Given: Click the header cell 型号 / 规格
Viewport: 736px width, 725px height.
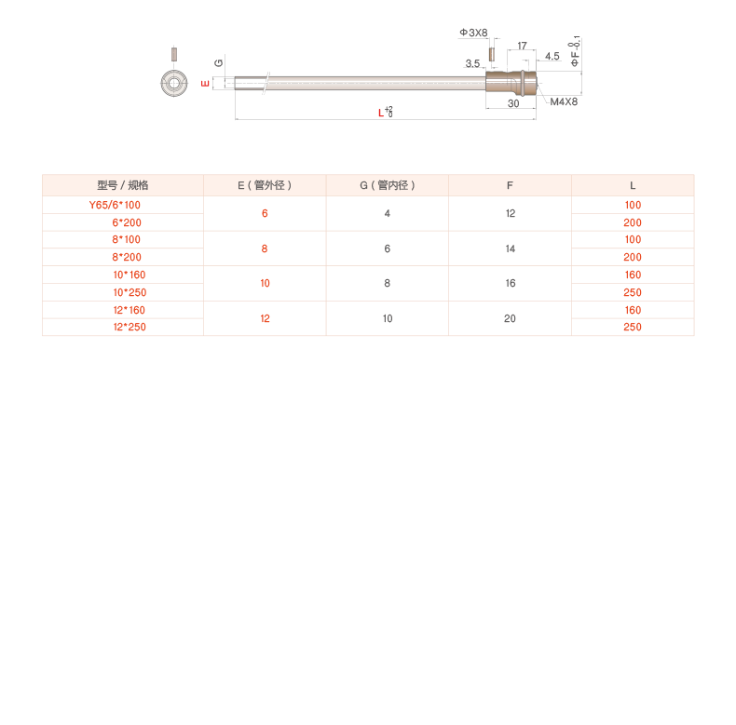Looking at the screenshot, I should [x=123, y=185].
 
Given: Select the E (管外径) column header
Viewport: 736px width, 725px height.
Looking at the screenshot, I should [x=265, y=185].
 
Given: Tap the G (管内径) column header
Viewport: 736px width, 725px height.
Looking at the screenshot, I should [x=388, y=185].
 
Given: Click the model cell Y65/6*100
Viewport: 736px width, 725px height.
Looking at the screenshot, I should [x=115, y=205].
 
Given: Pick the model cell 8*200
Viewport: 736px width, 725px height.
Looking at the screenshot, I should [x=127, y=257].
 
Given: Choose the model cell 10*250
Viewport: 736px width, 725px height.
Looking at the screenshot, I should [x=129, y=292].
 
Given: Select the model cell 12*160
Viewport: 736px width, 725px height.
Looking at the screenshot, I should [x=129, y=310].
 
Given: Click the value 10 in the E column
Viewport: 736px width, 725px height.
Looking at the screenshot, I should [x=265, y=283].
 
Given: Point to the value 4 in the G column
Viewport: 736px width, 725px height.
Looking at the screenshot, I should [x=388, y=213].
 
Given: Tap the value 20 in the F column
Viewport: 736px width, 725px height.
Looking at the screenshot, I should [x=510, y=318].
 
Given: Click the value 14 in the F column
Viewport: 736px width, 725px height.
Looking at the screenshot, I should [x=510, y=248].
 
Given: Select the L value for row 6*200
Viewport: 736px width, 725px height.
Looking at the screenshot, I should [x=633, y=222].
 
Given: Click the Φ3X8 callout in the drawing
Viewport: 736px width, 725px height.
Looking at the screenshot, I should [x=473, y=33].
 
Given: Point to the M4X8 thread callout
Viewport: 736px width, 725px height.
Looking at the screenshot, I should [x=564, y=101].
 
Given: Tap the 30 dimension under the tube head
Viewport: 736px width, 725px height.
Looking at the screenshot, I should [x=513, y=104].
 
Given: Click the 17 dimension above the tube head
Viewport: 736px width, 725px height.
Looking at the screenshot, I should [x=523, y=46].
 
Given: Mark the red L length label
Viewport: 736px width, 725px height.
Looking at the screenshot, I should [x=380, y=113].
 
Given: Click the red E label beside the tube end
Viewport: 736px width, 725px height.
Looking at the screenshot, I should [x=206, y=83].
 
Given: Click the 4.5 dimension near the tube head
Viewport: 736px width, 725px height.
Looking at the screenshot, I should [x=552, y=57].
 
